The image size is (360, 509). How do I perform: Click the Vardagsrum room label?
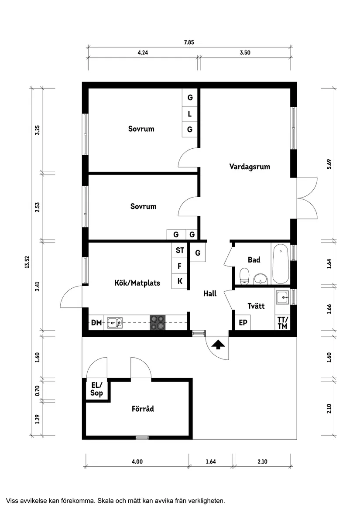point(250,167)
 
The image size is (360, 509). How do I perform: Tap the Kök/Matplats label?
point(137,283)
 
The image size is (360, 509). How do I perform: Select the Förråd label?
point(143,409)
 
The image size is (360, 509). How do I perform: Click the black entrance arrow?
point(218,345)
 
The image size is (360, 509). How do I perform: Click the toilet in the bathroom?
point(244,276)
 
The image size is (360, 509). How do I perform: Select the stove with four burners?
point(158,323)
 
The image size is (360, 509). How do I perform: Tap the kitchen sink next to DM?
point(115,323)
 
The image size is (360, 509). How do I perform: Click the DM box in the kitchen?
point(96,323)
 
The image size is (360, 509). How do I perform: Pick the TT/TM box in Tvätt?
point(282,323)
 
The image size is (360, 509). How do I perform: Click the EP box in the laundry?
point(243,323)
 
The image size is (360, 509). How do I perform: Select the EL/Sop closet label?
point(96,389)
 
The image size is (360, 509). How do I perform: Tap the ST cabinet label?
point(180,250)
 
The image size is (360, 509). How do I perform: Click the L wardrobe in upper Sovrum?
point(190,114)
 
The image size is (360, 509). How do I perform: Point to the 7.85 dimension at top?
point(189,42)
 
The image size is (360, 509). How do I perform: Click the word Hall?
point(210,294)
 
